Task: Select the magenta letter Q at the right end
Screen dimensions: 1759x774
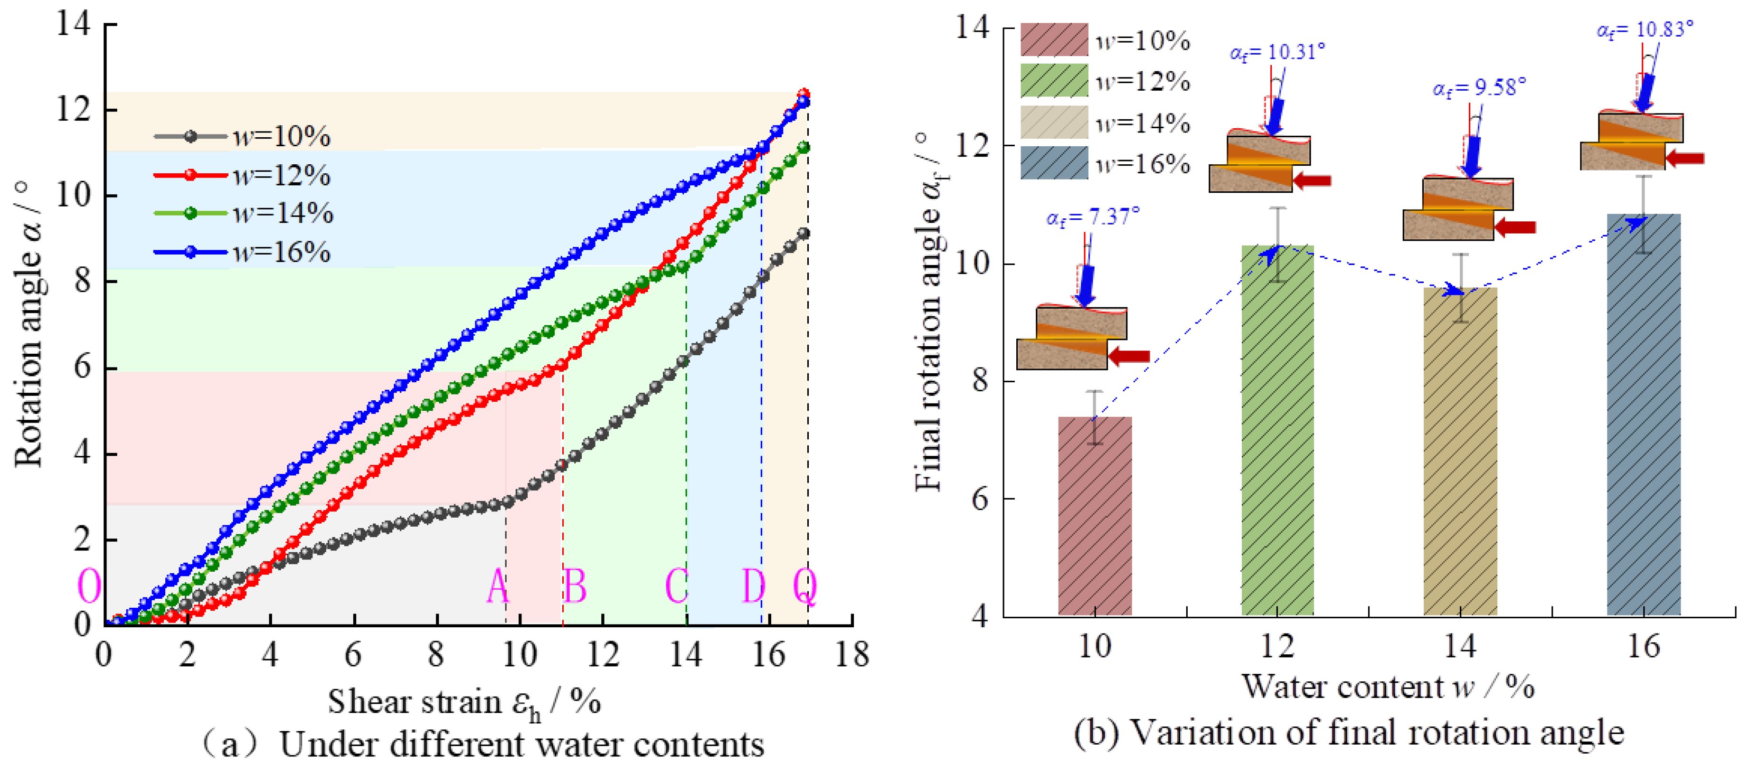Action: coord(804,587)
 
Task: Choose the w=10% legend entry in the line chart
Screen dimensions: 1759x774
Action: coord(242,136)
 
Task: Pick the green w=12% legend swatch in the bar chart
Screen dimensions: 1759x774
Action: coord(1054,81)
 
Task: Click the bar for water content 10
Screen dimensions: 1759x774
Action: coord(1095,516)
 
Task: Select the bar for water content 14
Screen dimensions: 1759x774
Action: coord(1460,451)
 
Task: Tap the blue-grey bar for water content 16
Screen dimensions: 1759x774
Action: coord(1643,414)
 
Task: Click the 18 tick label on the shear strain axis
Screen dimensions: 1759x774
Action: coord(851,654)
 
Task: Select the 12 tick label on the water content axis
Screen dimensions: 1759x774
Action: coord(1277,646)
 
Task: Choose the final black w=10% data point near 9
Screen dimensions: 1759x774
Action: coord(804,234)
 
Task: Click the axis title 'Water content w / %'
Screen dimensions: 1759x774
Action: coord(1388,687)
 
